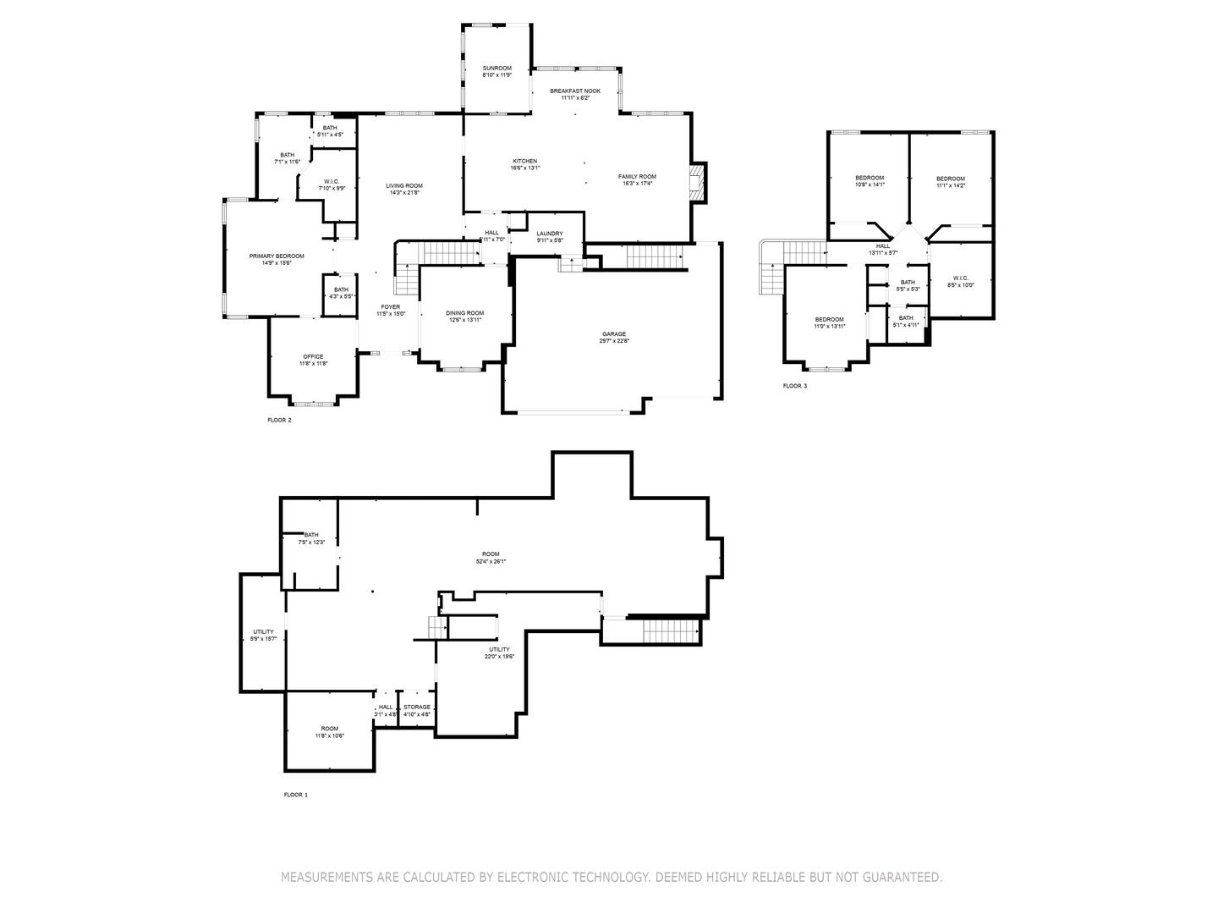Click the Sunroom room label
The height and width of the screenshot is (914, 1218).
(497, 68)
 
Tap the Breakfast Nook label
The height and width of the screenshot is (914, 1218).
(575, 91)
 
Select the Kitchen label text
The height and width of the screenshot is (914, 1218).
(524, 161)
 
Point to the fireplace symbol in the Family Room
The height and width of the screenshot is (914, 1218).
(696, 182)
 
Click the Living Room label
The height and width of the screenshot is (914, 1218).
(404, 185)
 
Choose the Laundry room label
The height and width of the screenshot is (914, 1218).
(550, 234)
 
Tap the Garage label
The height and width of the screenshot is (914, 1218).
(614, 333)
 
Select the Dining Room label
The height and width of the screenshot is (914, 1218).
(465, 313)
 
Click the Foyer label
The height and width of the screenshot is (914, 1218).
(391, 306)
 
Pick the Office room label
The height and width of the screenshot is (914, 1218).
(313, 356)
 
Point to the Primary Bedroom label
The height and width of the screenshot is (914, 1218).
(276, 256)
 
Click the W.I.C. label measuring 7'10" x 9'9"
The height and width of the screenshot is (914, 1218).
(332, 181)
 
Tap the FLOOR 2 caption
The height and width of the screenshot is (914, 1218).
(279, 420)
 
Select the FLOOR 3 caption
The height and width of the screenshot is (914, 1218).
(794, 386)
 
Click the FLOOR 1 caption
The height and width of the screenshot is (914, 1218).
(295, 795)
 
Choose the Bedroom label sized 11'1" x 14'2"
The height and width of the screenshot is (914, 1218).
(950, 179)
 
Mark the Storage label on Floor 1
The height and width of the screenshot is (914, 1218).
(417, 707)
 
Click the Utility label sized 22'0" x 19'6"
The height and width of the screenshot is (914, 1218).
(499, 649)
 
